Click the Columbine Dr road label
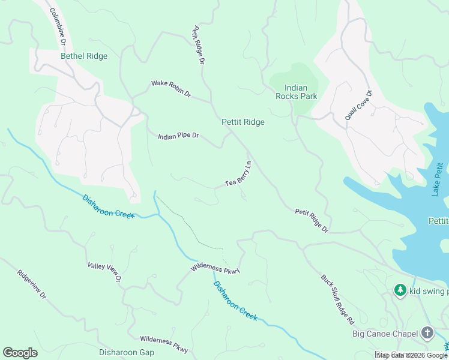pos(56,27)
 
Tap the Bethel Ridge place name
pos(84,56)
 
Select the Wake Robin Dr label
pos(170,89)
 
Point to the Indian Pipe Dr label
pos(178,136)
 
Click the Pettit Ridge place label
pos(243,122)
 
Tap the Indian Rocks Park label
pos(296,92)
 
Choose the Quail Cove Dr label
pos(359,106)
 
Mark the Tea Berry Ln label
pos(238,174)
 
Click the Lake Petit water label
pos(438,179)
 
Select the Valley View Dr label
pos(104,272)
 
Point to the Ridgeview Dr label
pos(32,288)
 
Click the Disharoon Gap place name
pos(127,353)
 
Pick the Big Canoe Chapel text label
pos(385,333)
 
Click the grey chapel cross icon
pos(427,332)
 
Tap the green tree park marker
pos(400,290)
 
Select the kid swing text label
pos(429,292)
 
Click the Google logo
pos(20,353)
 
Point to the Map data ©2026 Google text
pos(412,355)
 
